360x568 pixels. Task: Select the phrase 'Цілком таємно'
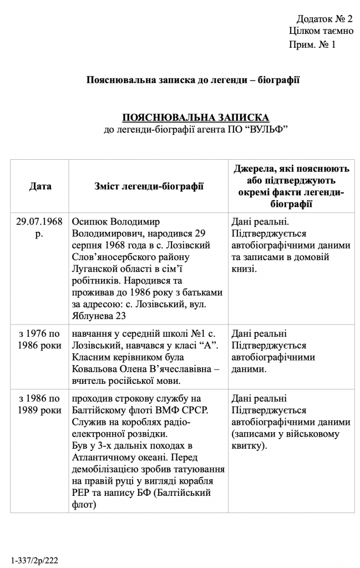[321, 31]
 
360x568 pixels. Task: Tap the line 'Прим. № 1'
[312, 44]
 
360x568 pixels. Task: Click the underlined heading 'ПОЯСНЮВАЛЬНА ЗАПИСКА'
[195, 118]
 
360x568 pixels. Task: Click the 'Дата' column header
[40, 186]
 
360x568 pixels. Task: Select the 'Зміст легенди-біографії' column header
[149, 186]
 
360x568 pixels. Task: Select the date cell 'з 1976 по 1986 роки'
[39, 339]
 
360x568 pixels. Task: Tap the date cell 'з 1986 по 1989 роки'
[39, 404]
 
